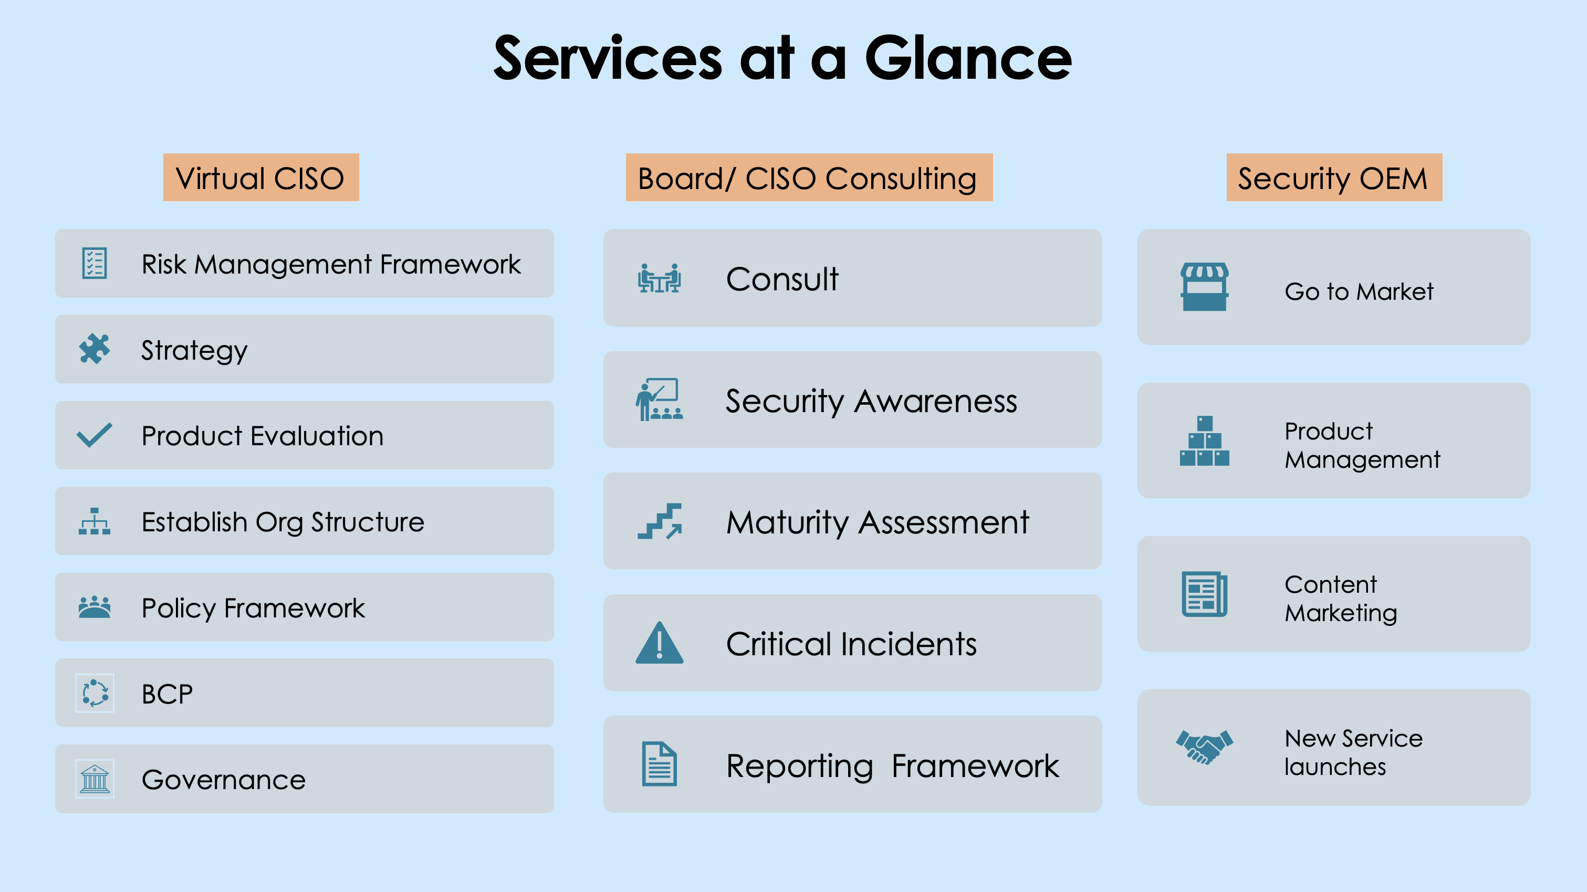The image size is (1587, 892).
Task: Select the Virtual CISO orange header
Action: point(260,177)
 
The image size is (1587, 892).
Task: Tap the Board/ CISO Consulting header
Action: point(809,177)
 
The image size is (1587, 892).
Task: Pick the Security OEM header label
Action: point(1334,177)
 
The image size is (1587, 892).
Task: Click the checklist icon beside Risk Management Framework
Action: point(94,263)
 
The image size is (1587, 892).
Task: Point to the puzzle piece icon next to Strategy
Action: point(94,349)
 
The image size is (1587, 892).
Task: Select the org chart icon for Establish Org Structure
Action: point(94,521)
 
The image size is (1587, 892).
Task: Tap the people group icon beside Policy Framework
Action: point(94,607)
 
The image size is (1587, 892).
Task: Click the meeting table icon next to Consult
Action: point(659,278)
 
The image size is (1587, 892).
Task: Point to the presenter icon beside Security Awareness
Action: point(659,399)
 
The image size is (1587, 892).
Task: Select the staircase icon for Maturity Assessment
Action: point(659,521)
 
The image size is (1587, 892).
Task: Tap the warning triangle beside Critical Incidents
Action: point(659,643)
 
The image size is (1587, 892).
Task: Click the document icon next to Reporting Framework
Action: point(659,764)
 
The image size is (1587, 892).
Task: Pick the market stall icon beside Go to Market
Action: point(1204,287)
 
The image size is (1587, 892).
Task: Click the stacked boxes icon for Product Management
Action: point(1204,440)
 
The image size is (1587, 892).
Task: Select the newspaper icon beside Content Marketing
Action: point(1204,594)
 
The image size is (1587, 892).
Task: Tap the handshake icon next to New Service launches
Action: point(1204,747)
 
